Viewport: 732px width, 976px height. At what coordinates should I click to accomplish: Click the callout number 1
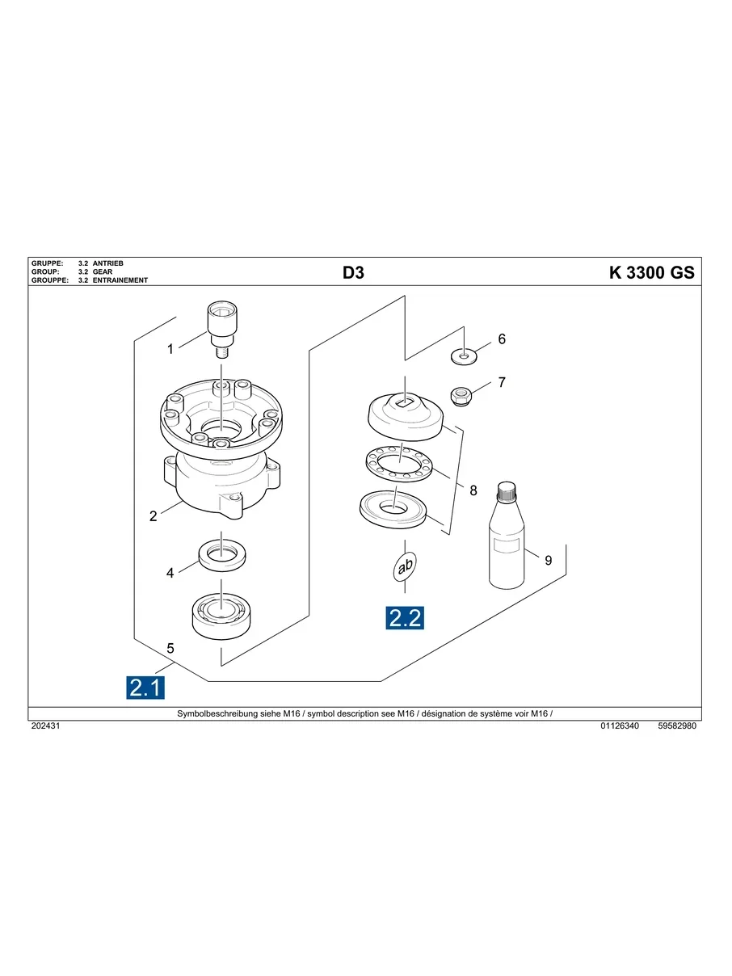[x=170, y=349]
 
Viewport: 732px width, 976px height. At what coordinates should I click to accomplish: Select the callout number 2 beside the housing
[x=154, y=516]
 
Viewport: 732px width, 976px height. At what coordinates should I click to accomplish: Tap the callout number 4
[x=170, y=573]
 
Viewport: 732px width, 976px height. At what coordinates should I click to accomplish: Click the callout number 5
[x=170, y=648]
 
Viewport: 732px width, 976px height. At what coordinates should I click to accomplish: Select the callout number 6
[x=502, y=339]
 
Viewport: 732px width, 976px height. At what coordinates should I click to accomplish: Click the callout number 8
[x=473, y=490]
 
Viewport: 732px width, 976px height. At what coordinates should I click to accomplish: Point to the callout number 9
[x=548, y=560]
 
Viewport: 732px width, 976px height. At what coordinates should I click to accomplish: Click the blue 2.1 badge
[x=146, y=688]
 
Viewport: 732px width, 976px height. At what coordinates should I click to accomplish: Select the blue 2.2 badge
[x=405, y=618]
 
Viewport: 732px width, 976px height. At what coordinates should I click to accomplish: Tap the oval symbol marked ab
[x=405, y=567]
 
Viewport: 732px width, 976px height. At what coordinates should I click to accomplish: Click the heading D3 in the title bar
[x=354, y=273]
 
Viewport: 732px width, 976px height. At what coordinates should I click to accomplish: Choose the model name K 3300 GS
[x=651, y=273]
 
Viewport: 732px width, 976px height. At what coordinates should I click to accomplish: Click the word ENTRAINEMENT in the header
[x=120, y=280]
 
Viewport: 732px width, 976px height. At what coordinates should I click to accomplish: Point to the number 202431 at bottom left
[x=46, y=726]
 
